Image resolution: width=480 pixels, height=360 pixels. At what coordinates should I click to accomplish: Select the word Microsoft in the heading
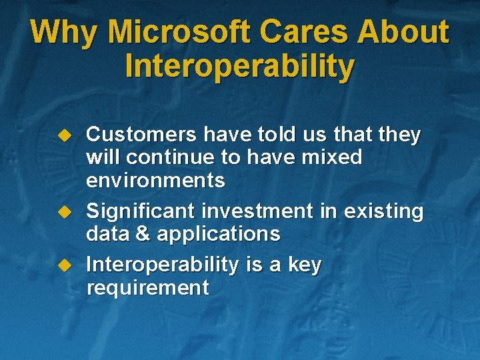point(180,32)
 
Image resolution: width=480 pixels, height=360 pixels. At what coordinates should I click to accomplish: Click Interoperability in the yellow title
point(239,67)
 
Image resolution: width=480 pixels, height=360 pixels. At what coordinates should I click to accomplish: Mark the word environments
point(155,181)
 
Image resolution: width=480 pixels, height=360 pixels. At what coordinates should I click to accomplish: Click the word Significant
point(141,211)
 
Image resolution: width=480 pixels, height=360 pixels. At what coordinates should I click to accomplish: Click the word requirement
point(147,289)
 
